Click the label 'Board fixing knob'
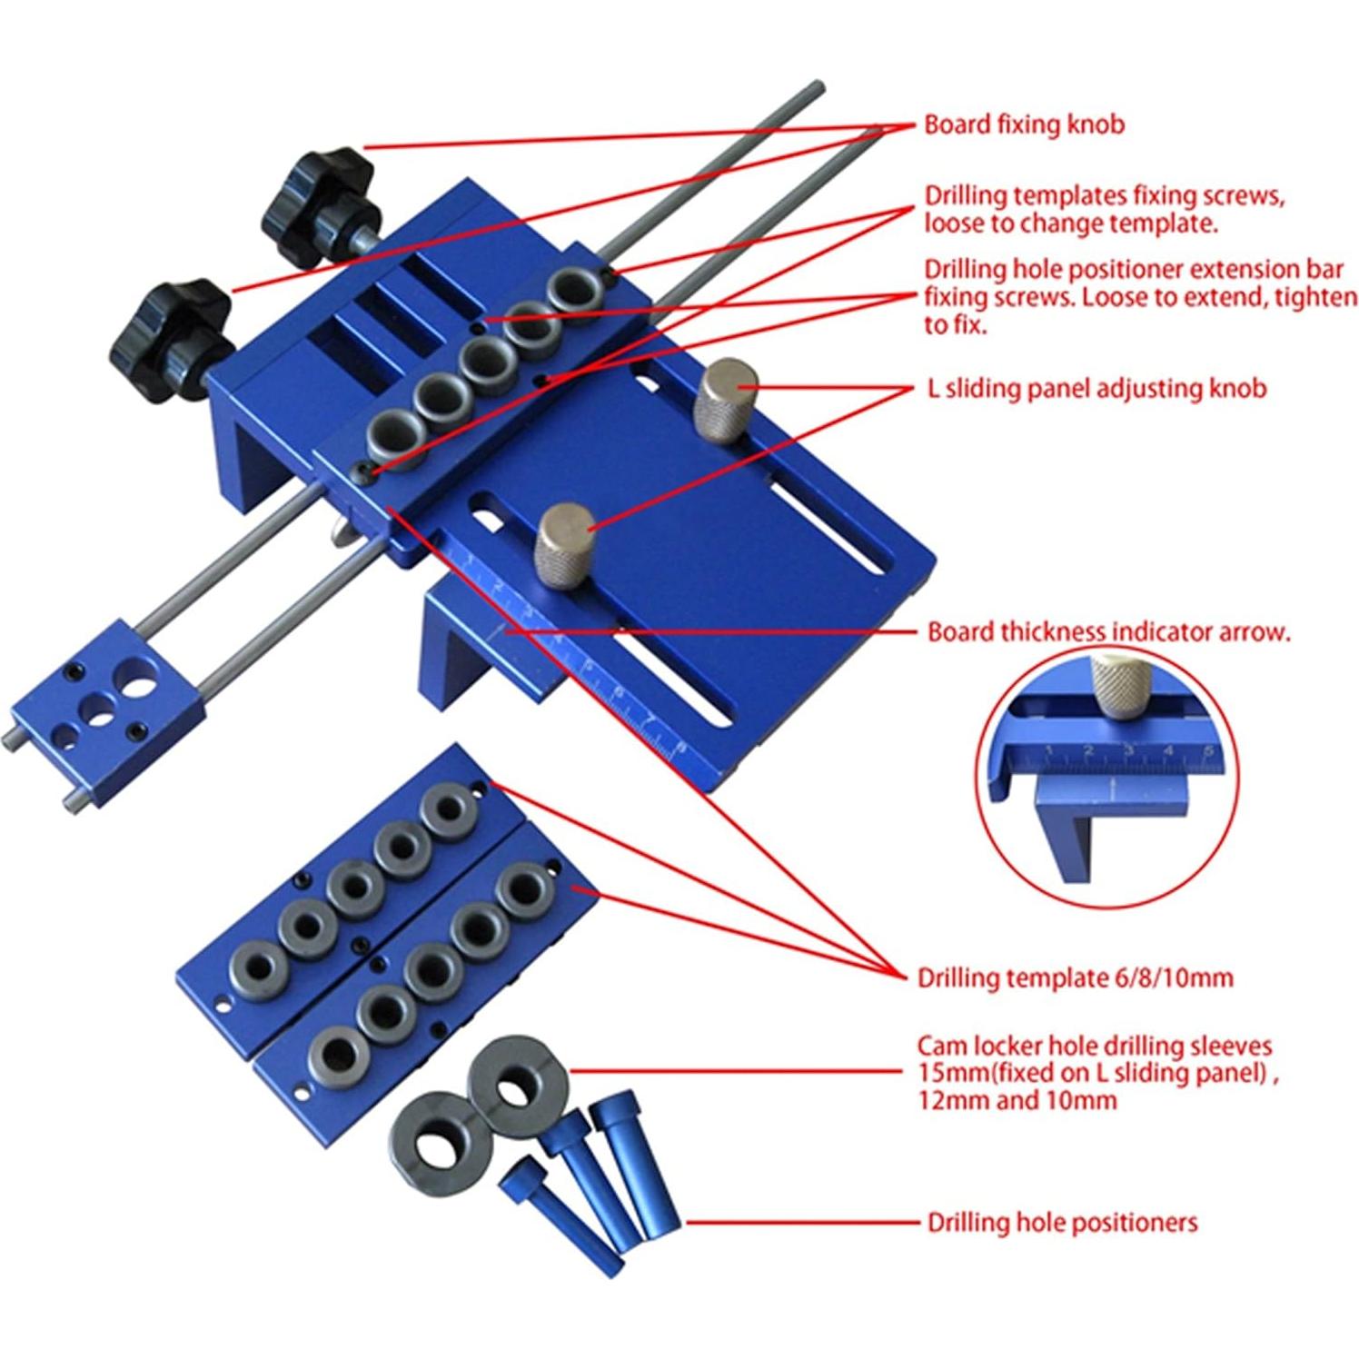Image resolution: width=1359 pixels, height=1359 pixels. coord(1023,124)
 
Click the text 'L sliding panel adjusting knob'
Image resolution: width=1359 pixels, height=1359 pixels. coord(1096,388)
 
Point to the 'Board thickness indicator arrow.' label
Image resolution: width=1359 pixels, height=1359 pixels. coord(1108,632)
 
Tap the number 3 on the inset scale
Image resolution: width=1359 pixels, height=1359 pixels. coord(1127,750)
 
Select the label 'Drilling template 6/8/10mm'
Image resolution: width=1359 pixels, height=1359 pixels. coord(1075,978)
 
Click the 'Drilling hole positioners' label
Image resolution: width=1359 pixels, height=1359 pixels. coord(1061,1223)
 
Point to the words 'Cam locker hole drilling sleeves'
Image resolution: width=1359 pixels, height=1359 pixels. coord(1094,1047)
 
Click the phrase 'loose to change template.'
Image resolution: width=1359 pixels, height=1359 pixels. coord(1070,223)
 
